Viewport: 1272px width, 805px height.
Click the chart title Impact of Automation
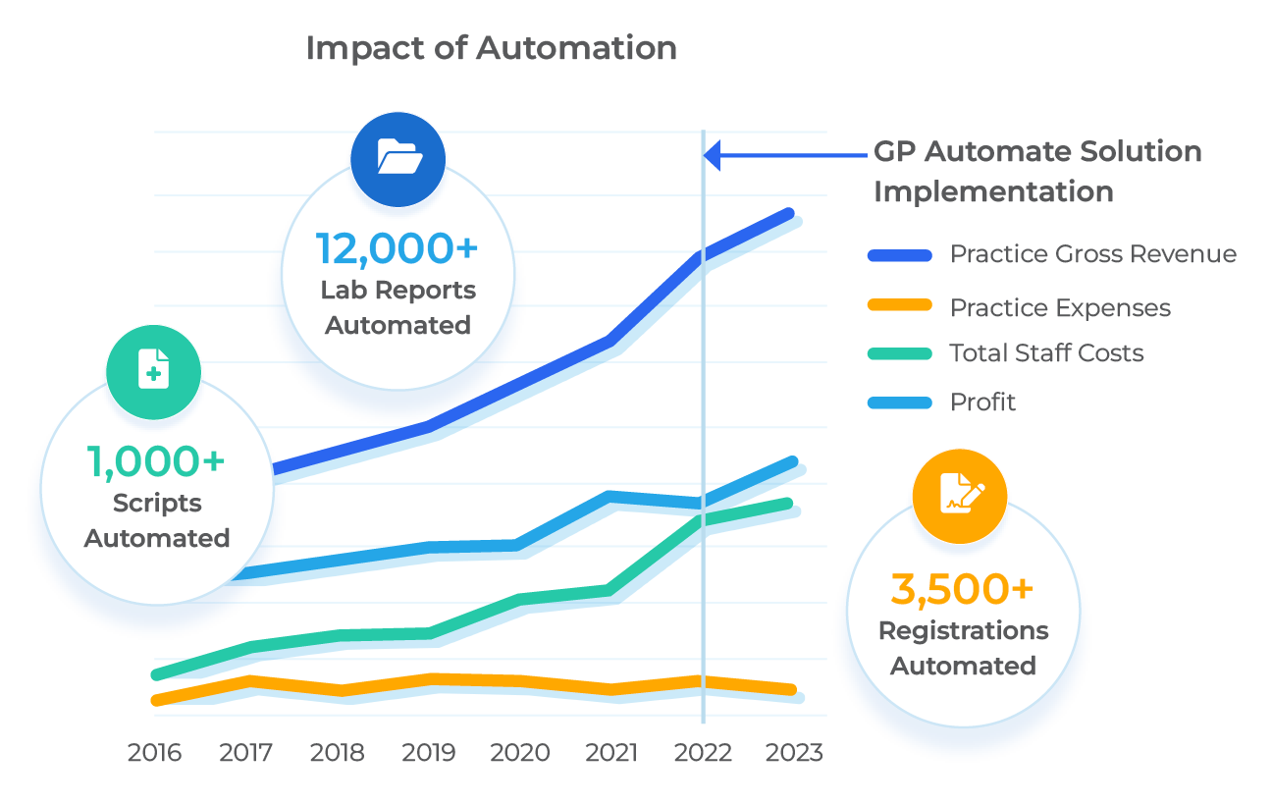[491, 48]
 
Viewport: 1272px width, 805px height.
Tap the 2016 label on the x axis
[154, 753]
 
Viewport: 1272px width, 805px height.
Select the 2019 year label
[429, 753]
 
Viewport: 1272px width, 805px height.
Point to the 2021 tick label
[611, 753]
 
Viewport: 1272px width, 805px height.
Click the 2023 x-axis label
[795, 753]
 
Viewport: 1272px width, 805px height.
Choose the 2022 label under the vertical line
[703, 753]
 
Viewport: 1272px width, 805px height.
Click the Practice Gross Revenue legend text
[1092, 254]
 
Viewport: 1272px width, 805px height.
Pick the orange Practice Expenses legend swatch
[899, 307]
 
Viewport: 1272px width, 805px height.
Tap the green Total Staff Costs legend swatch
[899, 353]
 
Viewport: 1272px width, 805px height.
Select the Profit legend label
[982, 402]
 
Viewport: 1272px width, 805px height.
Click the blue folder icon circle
[399, 156]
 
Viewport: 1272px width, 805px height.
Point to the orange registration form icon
[959, 494]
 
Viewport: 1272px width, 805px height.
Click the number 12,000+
[397, 248]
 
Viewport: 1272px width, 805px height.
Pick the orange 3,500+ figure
[962, 589]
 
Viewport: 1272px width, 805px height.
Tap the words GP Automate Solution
[1037, 152]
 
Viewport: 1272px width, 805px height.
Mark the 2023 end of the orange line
[791, 689]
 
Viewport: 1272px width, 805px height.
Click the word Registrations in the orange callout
[963, 631]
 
